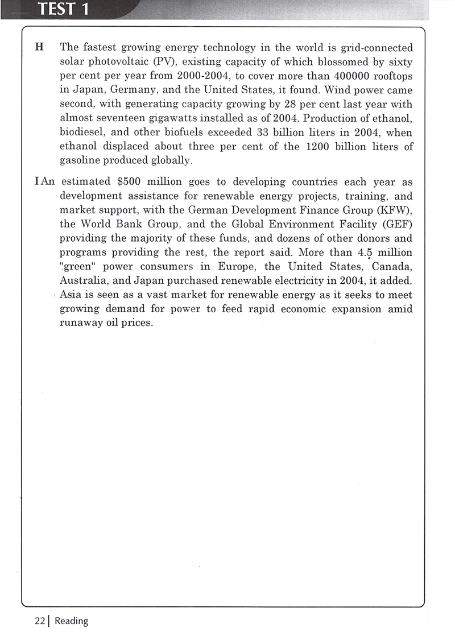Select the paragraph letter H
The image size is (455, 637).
39,47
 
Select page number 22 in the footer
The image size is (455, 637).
39,621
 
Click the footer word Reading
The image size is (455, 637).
71,621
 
